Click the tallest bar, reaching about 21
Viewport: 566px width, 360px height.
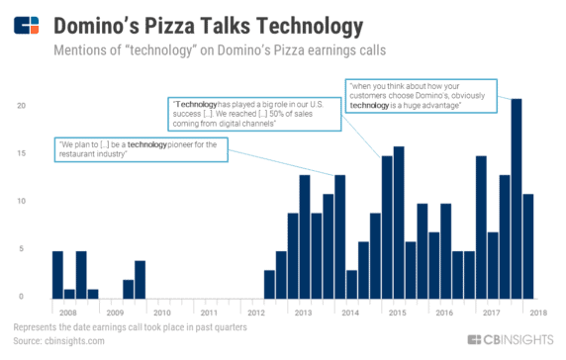pyautogui.click(x=517, y=198)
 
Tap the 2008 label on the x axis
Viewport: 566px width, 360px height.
pyautogui.click(x=67, y=312)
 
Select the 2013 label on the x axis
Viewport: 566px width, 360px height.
pyautogui.click(x=304, y=312)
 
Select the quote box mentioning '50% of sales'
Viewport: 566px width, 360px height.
pyautogui.click(x=254, y=114)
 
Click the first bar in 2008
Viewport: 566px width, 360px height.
pyautogui.click(x=57, y=274)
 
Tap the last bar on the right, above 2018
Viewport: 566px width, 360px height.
pyautogui.click(x=528, y=245)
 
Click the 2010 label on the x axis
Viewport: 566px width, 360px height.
pyautogui.click(x=161, y=312)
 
